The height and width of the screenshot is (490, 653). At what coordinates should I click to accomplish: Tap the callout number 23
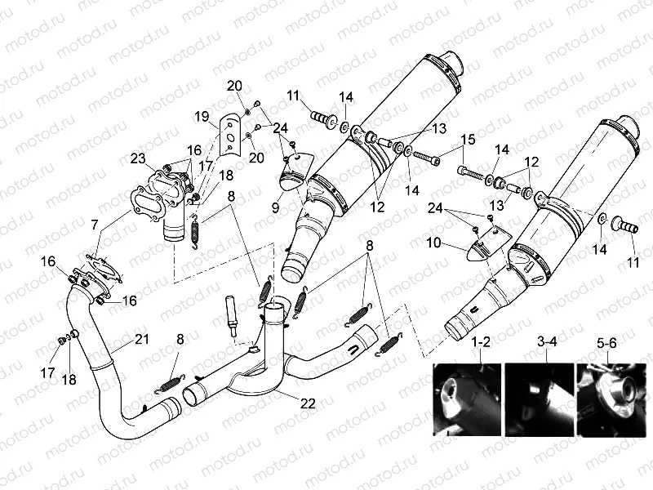click(x=136, y=158)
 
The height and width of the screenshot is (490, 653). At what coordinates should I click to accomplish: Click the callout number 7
click(x=96, y=223)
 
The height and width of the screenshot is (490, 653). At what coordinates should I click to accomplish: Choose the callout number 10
click(x=433, y=243)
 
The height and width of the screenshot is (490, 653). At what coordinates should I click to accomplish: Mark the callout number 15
click(x=469, y=139)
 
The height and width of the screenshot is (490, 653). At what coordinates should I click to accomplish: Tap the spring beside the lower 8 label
click(x=171, y=378)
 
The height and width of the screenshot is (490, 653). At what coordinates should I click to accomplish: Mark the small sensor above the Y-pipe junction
click(x=233, y=314)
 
